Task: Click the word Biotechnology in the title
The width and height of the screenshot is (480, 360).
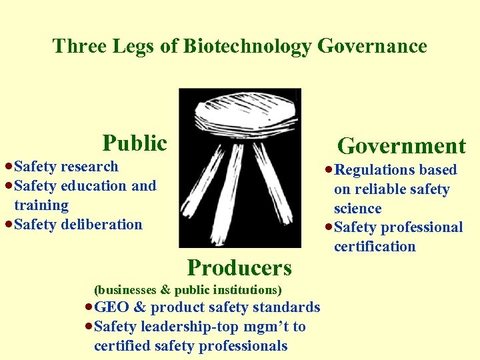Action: tap(247, 46)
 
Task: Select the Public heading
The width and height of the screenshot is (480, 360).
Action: tap(134, 143)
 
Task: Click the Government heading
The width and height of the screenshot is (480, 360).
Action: tap(401, 146)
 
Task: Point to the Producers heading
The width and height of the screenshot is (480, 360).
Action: tap(239, 267)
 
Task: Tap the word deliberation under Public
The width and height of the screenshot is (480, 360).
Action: tap(101, 225)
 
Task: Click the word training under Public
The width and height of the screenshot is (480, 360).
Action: tap(41, 205)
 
